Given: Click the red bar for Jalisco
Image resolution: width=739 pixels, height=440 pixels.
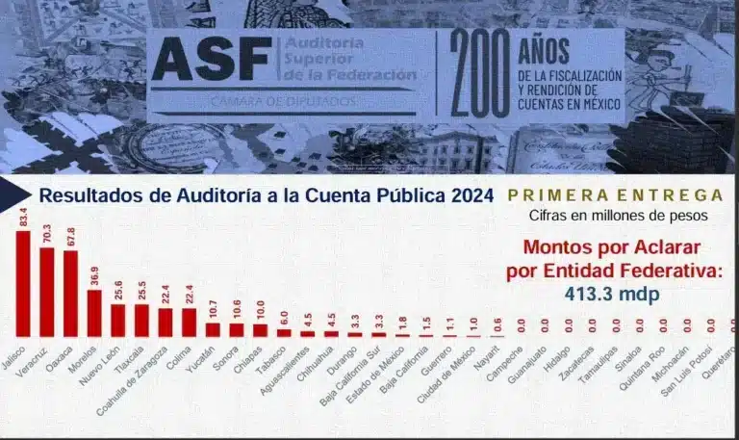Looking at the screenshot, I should [x=23, y=284].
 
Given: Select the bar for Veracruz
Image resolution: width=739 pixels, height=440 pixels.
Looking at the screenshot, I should [x=47, y=292].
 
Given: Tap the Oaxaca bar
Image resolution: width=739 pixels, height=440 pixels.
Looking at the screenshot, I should [x=71, y=294].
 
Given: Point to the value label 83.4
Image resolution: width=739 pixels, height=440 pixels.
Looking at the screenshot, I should [x=23, y=218].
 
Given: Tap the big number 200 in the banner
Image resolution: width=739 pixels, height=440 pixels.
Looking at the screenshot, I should [x=479, y=73].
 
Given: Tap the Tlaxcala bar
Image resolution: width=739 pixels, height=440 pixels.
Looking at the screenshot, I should [x=141, y=321].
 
